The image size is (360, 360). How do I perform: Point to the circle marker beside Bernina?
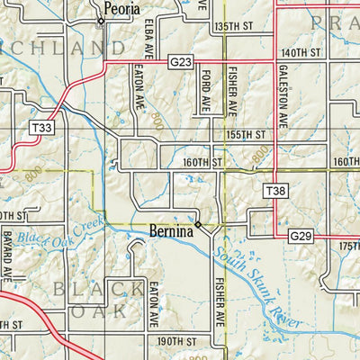pos(198,224)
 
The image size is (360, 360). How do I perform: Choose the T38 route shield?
pos(275,191)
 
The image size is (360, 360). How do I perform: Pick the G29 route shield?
pos(301,235)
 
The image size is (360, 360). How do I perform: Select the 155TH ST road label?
pos(247,134)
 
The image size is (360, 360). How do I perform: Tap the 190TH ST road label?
pos(175,342)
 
